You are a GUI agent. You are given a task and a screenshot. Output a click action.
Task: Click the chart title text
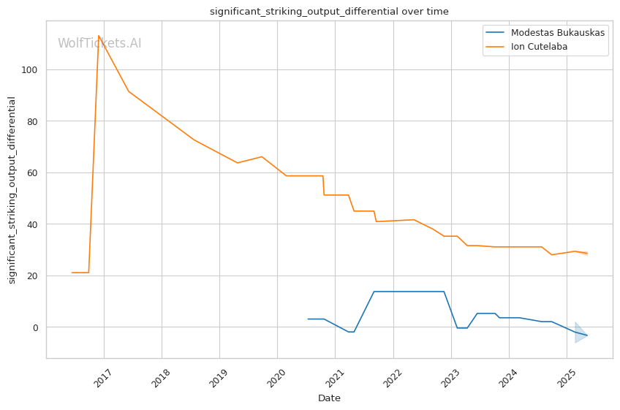point(329,12)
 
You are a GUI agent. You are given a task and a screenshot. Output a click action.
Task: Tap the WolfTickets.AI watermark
point(99,43)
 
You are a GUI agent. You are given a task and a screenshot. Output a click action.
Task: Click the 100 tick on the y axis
point(32,70)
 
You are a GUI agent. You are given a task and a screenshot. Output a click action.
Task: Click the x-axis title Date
point(329,398)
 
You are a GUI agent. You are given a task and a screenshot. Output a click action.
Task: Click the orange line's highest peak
point(99,36)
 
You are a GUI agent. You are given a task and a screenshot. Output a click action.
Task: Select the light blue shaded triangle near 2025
point(580,333)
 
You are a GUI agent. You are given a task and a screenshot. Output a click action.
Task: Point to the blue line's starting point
point(308,319)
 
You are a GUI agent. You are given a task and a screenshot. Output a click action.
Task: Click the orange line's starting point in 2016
point(72,273)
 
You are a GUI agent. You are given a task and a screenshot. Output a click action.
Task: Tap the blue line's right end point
point(587,335)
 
